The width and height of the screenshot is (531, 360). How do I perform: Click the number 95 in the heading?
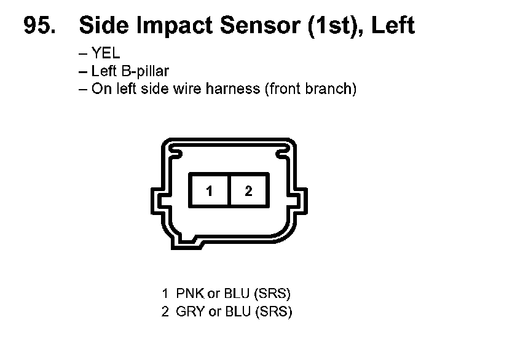pyautogui.click(x=39, y=25)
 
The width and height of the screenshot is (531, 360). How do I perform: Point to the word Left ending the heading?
pyautogui.click(x=393, y=25)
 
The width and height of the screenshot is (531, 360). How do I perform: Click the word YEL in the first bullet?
pyautogui.click(x=106, y=53)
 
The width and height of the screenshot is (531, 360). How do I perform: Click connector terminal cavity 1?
pyautogui.click(x=209, y=191)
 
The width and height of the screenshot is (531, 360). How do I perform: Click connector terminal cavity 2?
pyautogui.click(x=248, y=191)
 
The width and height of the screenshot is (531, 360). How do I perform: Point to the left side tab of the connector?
pyautogui.click(x=155, y=202)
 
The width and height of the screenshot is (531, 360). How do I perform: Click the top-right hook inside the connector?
pyautogui.click(x=283, y=151)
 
